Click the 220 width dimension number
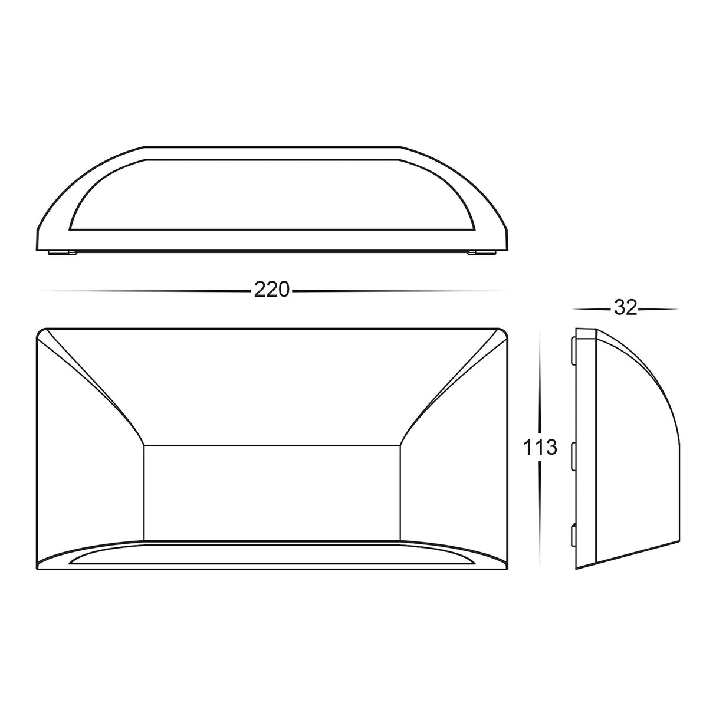tap(272, 290)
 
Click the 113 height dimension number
tap(540, 448)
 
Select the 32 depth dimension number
tap(625, 308)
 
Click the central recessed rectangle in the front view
tap(272, 484)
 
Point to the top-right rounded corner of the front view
tap(503, 334)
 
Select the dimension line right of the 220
tap(401, 291)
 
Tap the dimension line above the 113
tap(540, 383)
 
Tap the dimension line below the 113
tap(540, 513)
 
